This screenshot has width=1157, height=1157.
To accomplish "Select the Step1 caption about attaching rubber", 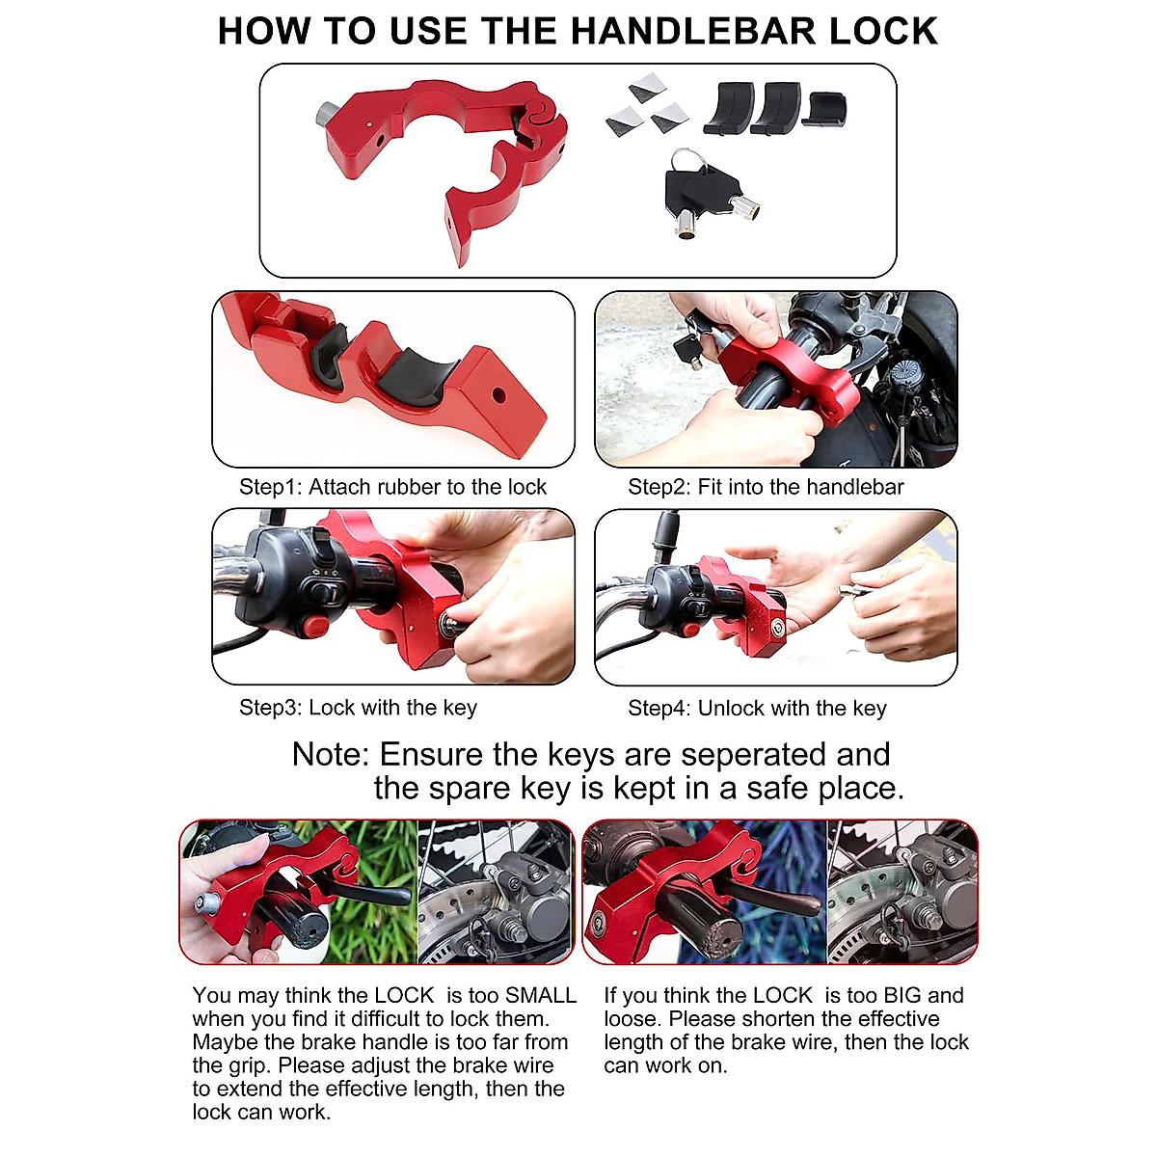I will (392, 487).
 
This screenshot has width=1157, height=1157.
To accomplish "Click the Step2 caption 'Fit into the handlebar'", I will (766, 487).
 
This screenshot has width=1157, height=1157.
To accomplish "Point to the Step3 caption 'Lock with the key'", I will (358, 708).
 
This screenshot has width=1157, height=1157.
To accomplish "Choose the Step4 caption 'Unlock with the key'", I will (757, 709).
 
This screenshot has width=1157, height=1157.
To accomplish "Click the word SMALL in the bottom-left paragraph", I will (540, 995).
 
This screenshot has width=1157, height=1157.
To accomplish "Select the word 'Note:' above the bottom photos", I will (331, 754).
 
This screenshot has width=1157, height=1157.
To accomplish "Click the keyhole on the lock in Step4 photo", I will (774, 624).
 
